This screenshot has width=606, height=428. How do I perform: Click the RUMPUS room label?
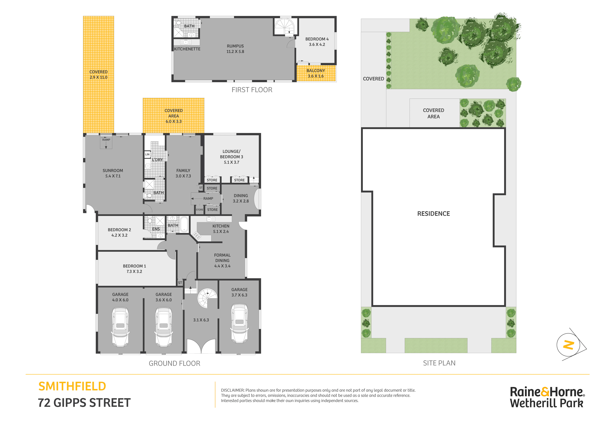pyautogui.click(x=235, y=46)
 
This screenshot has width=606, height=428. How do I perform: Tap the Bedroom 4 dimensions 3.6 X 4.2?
pyautogui.click(x=317, y=45)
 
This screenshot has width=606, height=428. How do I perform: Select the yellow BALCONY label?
pyautogui.click(x=316, y=71)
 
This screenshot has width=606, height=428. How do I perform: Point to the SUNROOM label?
pyautogui.click(x=113, y=171)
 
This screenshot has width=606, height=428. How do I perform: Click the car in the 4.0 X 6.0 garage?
pyautogui.click(x=120, y=327)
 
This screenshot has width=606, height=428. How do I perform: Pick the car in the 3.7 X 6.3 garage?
pyautogui.click(x=239, y=323)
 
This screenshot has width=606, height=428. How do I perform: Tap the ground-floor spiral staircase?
pyautogui.click(x=207, y=298)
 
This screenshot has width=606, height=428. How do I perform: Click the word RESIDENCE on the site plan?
pyautogui.click(x=433, y=214)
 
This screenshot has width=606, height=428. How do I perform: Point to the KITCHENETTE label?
pyautogui.click(x=187, y=49)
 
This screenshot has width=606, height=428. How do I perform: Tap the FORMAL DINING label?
pyautogui.click(x=222, y=258)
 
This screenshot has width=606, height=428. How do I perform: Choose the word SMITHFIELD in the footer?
pyautogui.click(x=72, y=386)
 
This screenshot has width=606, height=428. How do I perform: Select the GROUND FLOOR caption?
pyautogui.click(x=174, y=363)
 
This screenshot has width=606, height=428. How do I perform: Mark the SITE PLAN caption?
pyautogui.click(x=439, y=363)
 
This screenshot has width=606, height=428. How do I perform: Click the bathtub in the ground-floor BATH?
pyautogui.click(x=184, y=224)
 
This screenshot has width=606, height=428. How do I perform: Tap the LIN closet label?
pyautogui.click(x=147, y=154)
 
